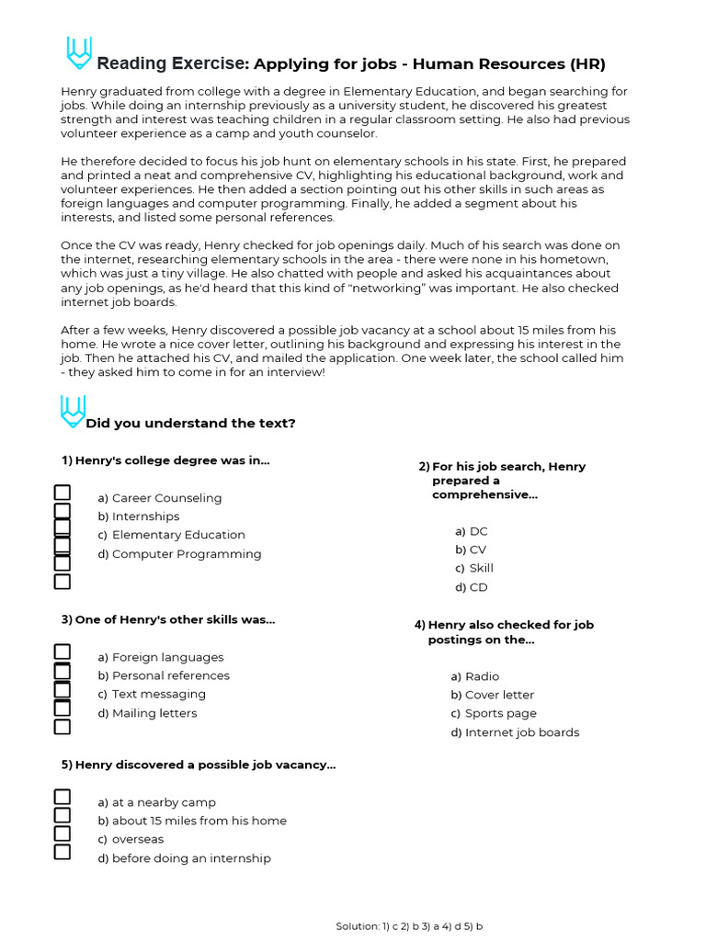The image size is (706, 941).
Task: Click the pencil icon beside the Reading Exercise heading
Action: (x=79, y=53)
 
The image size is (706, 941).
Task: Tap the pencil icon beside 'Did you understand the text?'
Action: (x=73, y=412)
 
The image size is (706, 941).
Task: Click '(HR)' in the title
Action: (x=587, y=63)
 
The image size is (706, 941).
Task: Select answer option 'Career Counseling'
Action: (x=166, y=498)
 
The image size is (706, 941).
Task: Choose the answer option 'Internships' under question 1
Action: (x=145, y=516)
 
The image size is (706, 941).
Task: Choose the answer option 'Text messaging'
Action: (x=158, y=694)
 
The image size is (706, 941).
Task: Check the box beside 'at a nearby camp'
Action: (x=63, y=797)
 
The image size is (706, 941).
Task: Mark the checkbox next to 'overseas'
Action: (x=63, y=833)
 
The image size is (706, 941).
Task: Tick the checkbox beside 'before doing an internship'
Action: (x=63, y=852)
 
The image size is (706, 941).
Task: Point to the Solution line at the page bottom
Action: (x=409, y=926)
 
